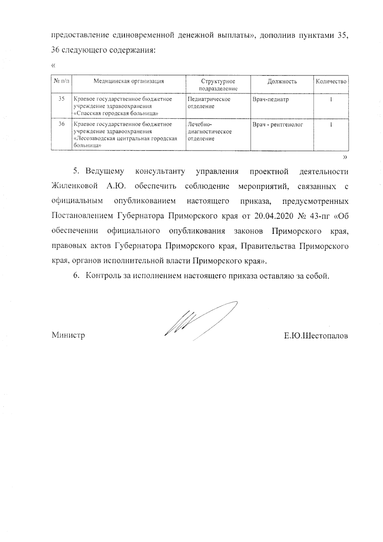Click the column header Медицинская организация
[129, 81]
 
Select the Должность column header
[282, 81]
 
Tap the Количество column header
[331, 81]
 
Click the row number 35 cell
[62, 99]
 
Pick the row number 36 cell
[62, 124]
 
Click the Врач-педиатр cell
[271, 99]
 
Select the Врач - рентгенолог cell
[278, 124]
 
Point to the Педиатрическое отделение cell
[209, 102]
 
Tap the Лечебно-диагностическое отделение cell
[210, 132]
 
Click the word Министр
[68, 335]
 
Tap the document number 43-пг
[320, 216]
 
